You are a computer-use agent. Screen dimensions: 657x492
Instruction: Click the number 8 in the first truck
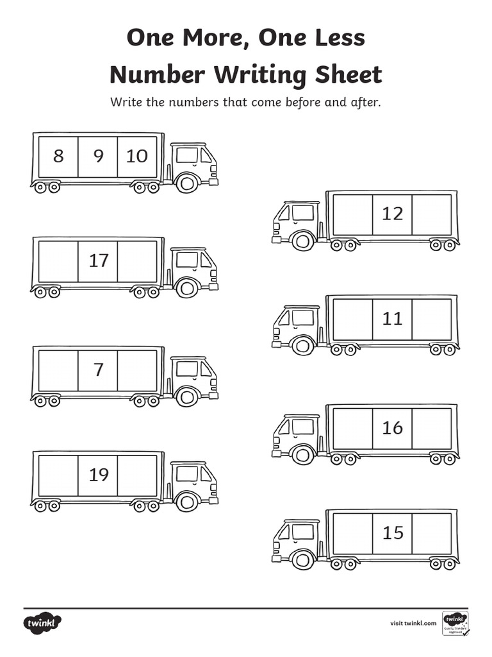pos(58,156)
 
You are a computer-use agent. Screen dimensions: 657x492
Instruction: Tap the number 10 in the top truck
pos(137,156)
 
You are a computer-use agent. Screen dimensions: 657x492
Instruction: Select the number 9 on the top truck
pos(98,156)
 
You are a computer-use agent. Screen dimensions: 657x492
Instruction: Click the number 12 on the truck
pos(392,214)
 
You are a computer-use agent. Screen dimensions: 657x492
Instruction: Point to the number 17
pos(98,260)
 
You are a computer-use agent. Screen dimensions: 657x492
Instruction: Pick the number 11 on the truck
pos(392,318)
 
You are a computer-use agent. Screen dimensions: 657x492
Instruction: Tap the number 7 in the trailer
pos(98,370)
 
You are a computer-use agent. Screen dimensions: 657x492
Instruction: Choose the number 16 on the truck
pos(392,427)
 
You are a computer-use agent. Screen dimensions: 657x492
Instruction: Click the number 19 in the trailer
pos(98,475)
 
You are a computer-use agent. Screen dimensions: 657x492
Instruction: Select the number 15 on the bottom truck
pos(392,533)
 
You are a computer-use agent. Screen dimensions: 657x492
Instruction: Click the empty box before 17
pos(58,261)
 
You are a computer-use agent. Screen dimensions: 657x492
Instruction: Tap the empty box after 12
pos(432,214)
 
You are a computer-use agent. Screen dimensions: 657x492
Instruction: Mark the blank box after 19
pos(137,475)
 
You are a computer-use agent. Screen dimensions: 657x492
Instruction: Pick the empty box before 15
pos(352,533)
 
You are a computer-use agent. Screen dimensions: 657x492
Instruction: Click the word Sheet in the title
pos(349,74)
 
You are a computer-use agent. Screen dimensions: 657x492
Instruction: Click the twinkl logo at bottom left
pos(43,623)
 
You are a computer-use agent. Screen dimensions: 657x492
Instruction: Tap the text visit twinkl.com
pos(413,623)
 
